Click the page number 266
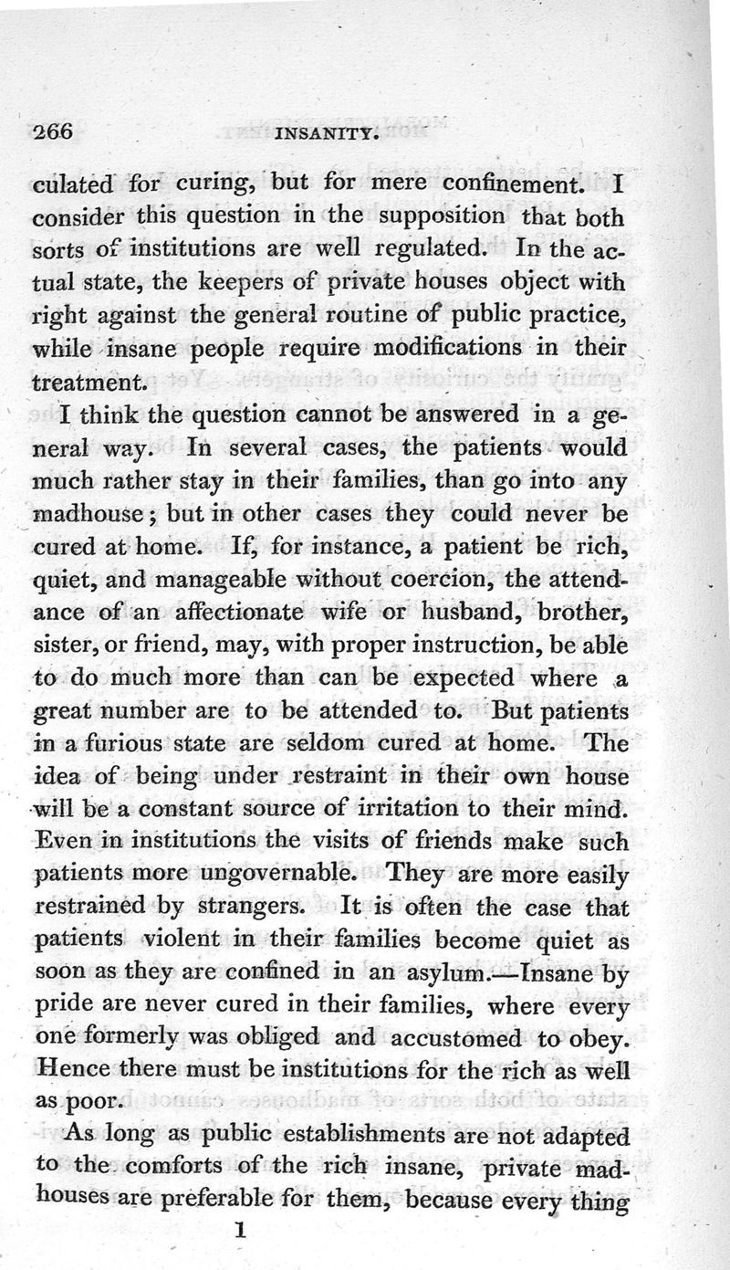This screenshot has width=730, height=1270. (x=52, y=131)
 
